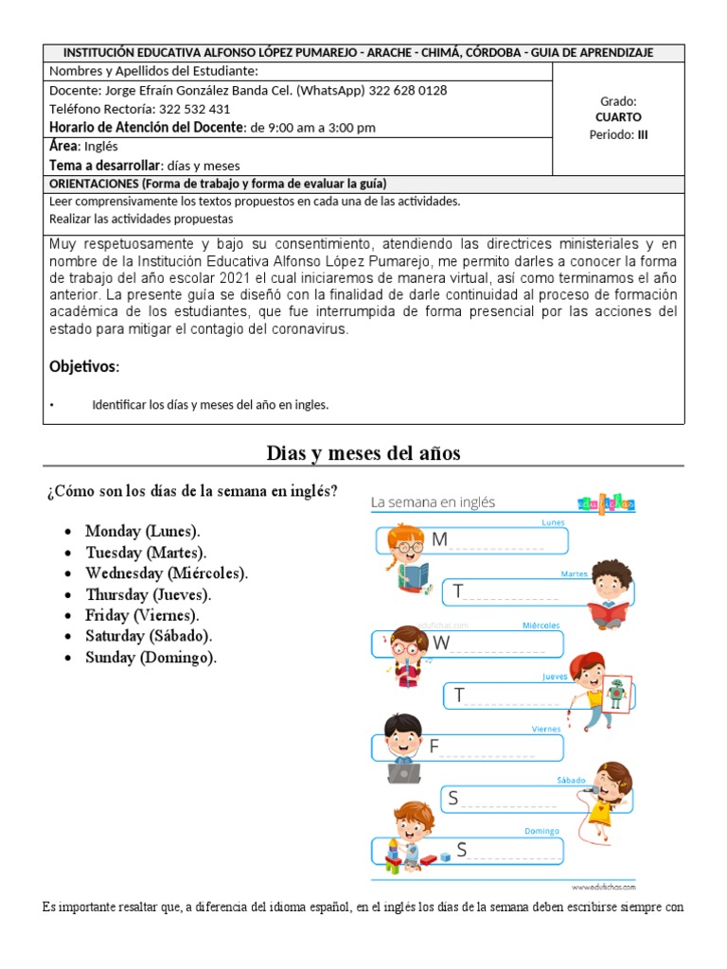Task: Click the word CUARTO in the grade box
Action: coord(618,117)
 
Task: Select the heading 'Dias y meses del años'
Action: coord(363,453)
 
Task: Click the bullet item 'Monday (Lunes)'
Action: coord(142,531)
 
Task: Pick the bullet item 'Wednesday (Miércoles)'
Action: coord(166,573)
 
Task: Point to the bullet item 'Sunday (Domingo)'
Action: coord(150,658)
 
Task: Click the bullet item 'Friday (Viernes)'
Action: coord(142,616)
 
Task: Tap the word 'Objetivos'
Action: coord(84,366)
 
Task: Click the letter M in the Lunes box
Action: coord(438,539)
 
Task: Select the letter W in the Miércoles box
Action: coord(441,643)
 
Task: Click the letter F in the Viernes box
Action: coord(434,747)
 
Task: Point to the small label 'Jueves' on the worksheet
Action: coord(555,677)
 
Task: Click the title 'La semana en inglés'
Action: coord(433,502)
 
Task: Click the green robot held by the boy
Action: coord(617,694)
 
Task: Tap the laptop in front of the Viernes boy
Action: coord(404,772)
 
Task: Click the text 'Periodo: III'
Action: coord(618,134)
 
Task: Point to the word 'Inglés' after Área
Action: coord(101,147)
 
